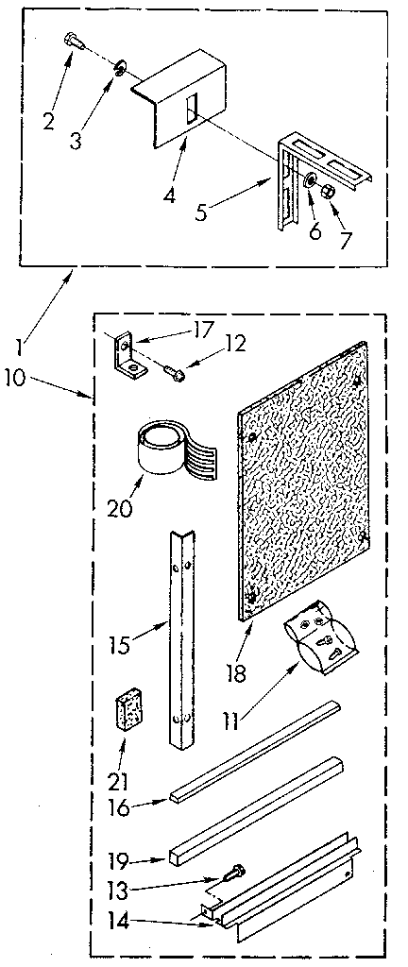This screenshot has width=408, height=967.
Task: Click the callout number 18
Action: [235, 672]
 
